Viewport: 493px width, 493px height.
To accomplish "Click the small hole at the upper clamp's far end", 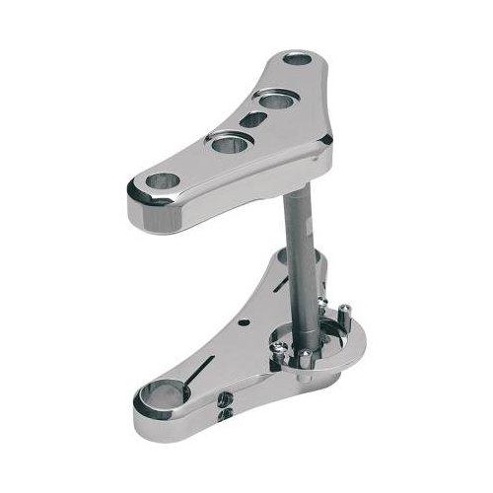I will point(296,59).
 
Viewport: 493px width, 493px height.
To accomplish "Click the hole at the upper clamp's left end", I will point(163,181).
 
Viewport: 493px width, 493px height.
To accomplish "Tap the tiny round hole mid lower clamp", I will point(239,322).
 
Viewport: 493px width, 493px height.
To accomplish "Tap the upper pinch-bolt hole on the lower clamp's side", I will point(227,397).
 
